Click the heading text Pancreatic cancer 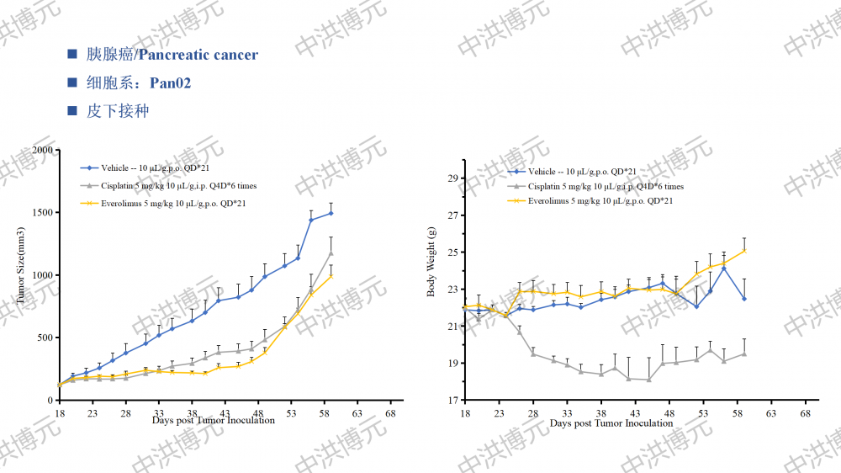[x=198, y=55]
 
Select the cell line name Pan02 [x=171, y=82]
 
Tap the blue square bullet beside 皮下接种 [x=72, y=110]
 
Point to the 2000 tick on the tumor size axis [x=42, y=150]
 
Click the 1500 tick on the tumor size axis [x=42, y=212]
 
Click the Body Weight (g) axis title [x=431, y=262]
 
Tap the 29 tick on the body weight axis [x=452, y=178]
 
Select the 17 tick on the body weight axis [x=452, y=401]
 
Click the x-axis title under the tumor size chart [x=214, y=420]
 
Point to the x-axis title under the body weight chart [x=611, y=423]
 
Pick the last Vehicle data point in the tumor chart [x=331, y=213]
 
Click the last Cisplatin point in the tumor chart [x=331, y=252]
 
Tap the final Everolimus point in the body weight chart [x=744, y=250]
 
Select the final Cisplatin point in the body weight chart [x=744, y=353]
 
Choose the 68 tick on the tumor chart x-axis [x=390, y=414]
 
